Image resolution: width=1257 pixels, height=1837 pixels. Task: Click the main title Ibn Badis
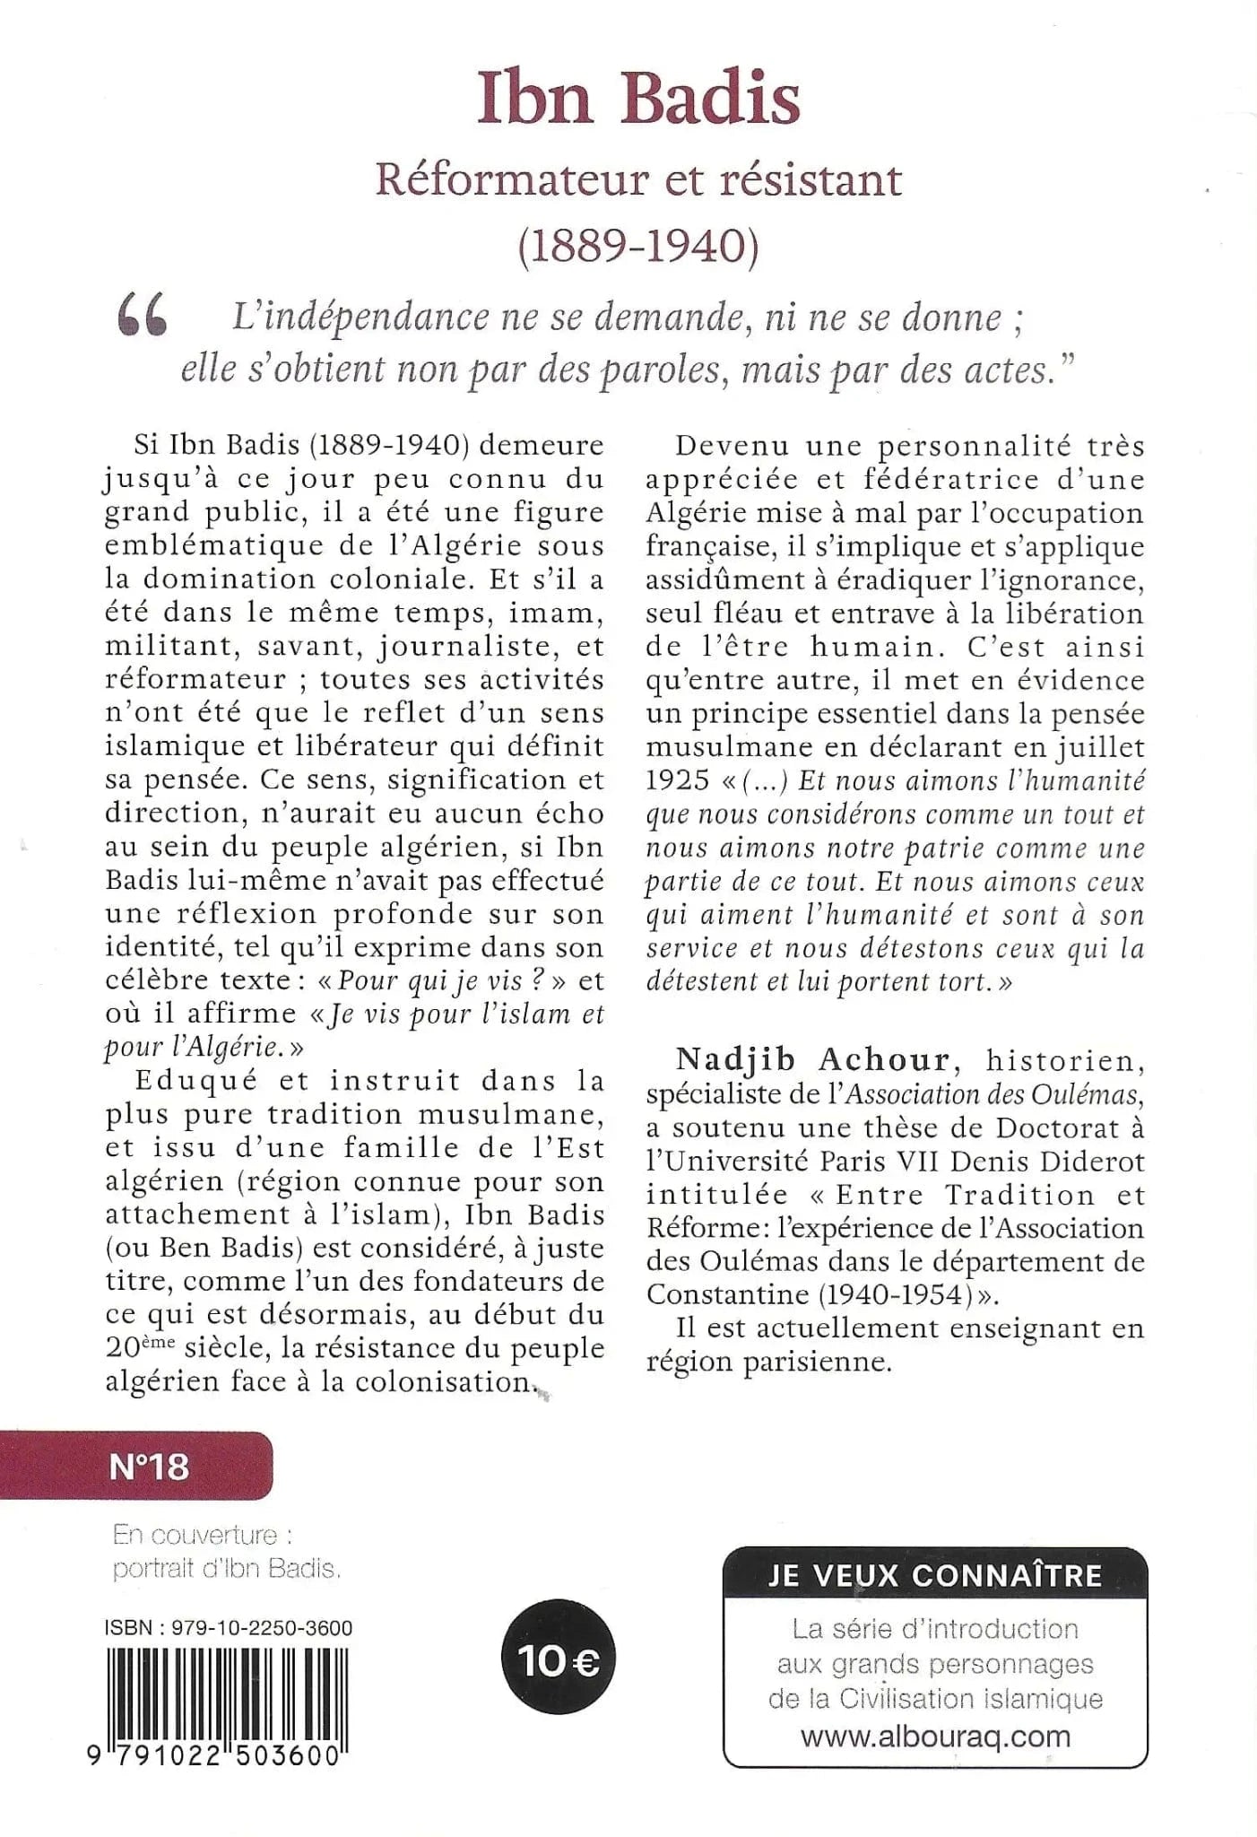[637, 100]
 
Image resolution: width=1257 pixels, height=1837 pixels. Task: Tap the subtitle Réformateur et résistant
[637, 179]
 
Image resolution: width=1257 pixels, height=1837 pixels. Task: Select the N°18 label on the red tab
[149, 1466]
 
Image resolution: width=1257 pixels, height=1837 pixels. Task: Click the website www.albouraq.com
[935, 1736]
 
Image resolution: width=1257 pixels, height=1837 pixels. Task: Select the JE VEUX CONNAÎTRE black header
[935, 1575]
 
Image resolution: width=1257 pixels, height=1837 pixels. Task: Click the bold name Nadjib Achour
[812, 1060]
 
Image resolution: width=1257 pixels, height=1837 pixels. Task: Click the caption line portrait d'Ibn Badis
[228, 1570]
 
